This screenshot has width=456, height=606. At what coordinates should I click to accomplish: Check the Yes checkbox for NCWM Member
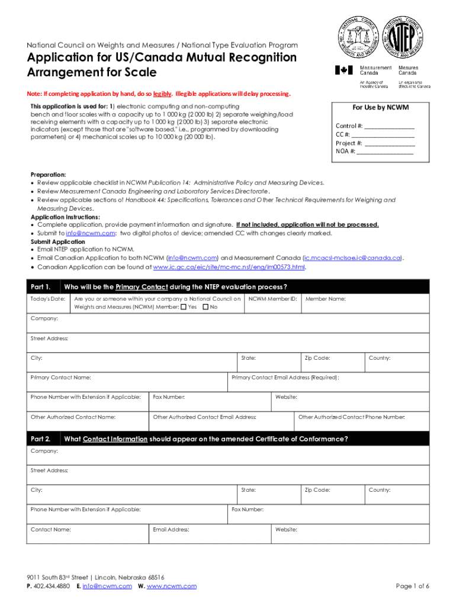tap(184, 307)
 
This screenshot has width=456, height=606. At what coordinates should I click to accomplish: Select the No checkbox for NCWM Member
tap(205, 307)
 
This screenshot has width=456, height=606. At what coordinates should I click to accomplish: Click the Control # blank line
tap(389, 126)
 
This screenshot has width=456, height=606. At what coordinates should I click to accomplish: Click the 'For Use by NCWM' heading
tap(380, 108)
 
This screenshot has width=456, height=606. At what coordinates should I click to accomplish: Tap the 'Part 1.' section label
tap(41, 287)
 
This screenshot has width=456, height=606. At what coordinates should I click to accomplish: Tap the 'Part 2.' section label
tap(41, 439)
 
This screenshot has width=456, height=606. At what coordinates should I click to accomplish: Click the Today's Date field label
tap(48, 299)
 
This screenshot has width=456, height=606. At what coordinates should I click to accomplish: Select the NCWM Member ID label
tap(272, 299)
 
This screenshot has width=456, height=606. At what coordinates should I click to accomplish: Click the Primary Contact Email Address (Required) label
tap(285, 378)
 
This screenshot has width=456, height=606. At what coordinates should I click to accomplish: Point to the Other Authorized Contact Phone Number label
tap(352, 418)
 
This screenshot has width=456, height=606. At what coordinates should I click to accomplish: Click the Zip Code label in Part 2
tap(317, 490)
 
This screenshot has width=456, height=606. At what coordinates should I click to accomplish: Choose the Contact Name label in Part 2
tap(51, 530)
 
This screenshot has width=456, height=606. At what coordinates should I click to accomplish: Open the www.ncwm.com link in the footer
tap(171, 586)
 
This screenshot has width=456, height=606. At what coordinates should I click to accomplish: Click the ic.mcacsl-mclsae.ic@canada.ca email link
tap(353, 259)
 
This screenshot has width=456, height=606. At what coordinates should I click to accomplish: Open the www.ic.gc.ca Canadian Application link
tap(229, 267)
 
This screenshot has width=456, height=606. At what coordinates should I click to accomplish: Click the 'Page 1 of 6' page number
tap(412, 586)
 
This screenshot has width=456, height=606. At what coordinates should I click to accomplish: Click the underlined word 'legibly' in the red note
tap(162, 94)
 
